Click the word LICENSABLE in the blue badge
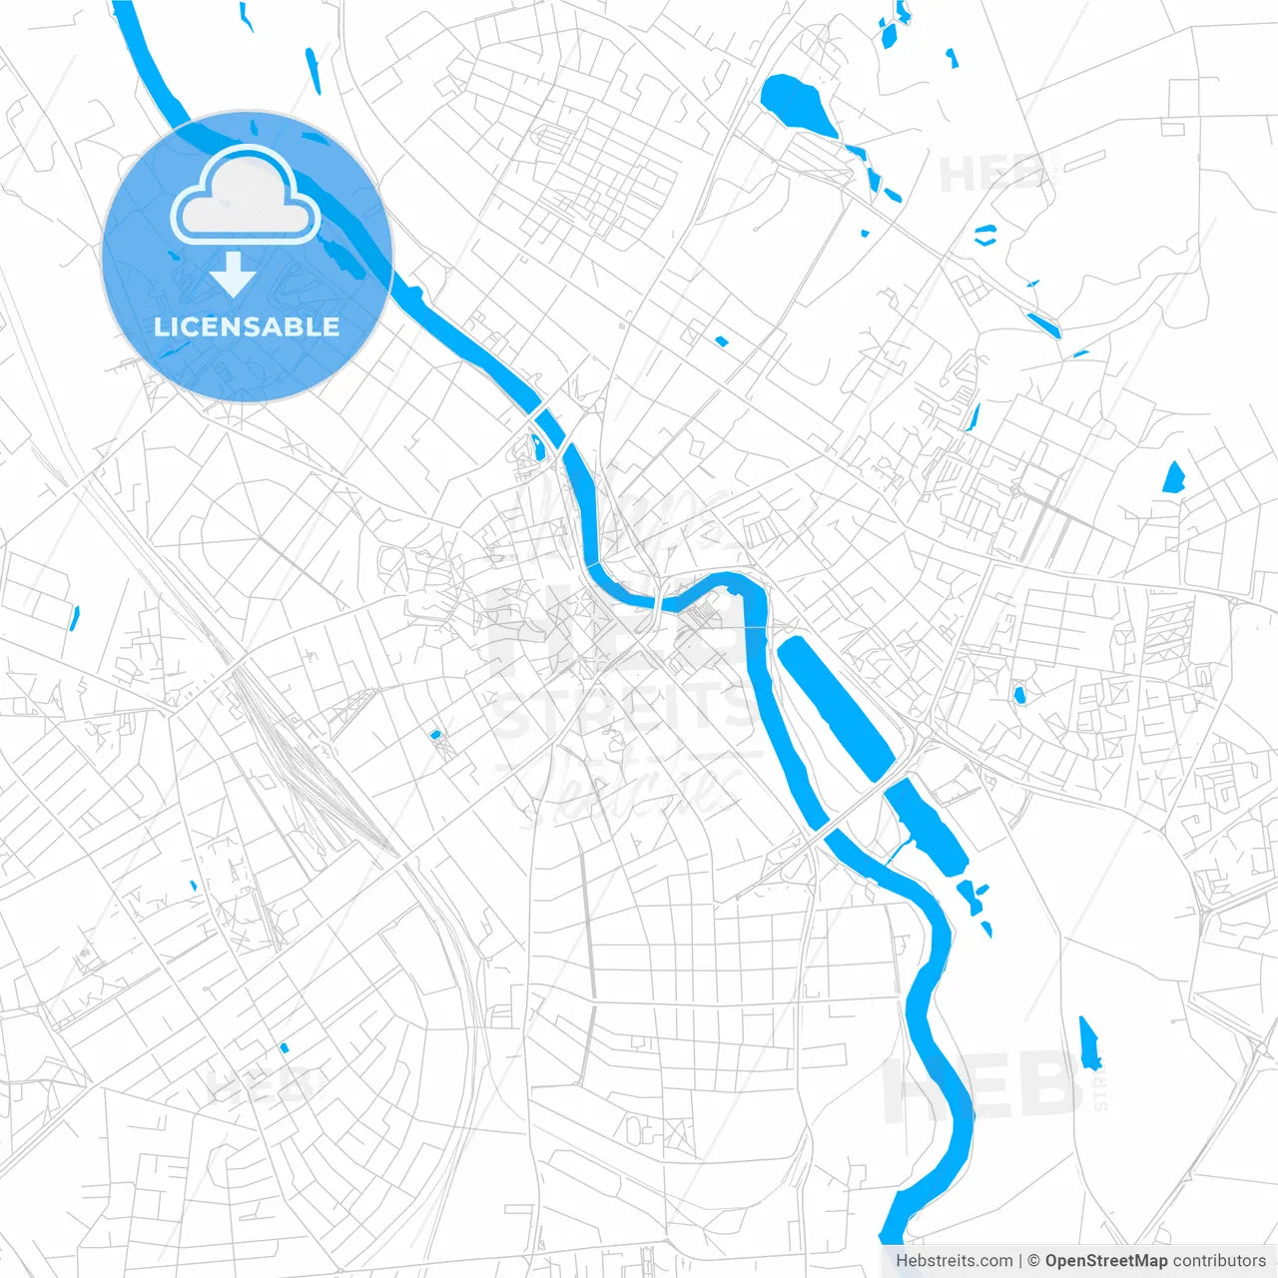[x=247, y=326]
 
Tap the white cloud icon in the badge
[x=246, y=197]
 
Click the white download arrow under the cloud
[x=233, y=275]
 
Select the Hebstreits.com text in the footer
[x=954, y=1261]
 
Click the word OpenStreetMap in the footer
[x=1106, y=1261]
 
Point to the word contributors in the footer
[x=1219, y=1261]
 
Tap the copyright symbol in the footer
[x=1033, y=1261]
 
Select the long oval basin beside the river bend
[x=835, y=707]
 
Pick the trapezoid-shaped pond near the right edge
[x=1173, y=478]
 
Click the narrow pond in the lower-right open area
[x=1089, y=1043]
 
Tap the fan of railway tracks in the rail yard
[x=300, y=759]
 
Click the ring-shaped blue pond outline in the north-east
[x=985, y=236]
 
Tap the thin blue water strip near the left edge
[x=74, y=618]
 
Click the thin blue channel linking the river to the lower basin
[x=900, y=848]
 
